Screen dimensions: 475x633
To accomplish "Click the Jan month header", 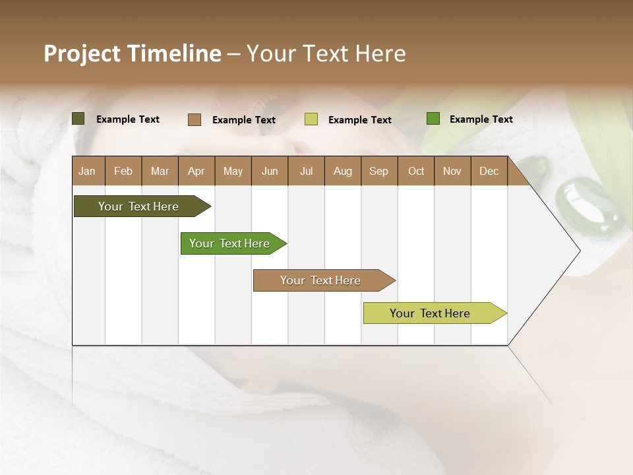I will coord(87,171).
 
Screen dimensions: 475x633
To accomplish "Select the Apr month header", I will coord(196,171).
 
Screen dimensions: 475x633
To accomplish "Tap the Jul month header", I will coord(306,171).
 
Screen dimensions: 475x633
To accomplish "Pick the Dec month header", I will coord(489,171).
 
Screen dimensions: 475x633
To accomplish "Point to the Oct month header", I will coord(416,171).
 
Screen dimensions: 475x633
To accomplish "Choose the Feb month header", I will coord(123,171).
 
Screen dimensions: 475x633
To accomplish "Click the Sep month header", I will coord(379,171).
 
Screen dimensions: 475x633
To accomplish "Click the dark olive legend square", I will coord(78,119).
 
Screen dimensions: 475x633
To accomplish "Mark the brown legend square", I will coord(195,119).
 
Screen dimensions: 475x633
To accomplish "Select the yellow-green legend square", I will coord(311,119).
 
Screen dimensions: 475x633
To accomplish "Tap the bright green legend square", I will coord(433,119).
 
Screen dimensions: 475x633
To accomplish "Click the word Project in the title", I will coord(82,53).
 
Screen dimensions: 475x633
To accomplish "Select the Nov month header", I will coord(452,171).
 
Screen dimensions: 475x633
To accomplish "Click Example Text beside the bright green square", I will coord(481,119).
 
